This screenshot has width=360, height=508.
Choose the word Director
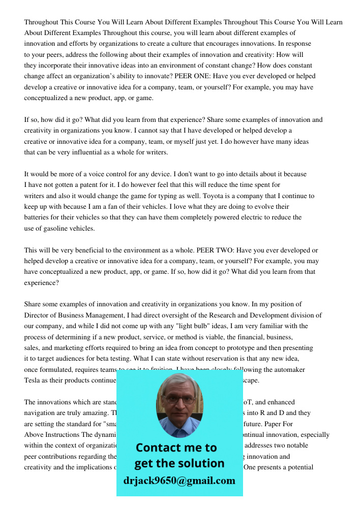37,315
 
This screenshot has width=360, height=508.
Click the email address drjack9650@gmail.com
179,481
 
